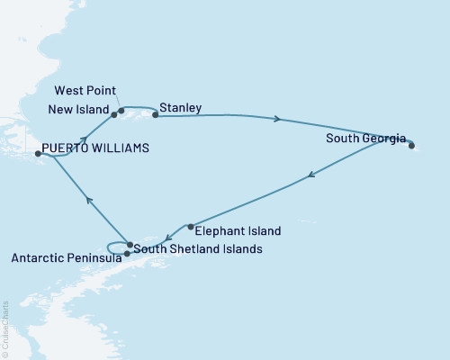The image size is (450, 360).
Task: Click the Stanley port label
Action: point(181,108)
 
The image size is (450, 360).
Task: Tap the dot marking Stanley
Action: point(156,115)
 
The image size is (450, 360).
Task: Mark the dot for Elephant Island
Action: point(191,227)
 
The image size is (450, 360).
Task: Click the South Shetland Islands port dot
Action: point(130,245)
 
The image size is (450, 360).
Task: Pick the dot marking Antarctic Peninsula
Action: point(127,254)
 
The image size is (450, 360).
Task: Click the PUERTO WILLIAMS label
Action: point(95,147)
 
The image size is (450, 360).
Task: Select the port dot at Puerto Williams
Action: point(38,154)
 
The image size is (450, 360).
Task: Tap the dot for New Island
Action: point(114,115)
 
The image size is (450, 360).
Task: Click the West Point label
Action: point(85,91)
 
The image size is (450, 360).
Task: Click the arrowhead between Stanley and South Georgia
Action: point(278,119)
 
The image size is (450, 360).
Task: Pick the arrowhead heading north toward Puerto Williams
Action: point(87,201)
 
